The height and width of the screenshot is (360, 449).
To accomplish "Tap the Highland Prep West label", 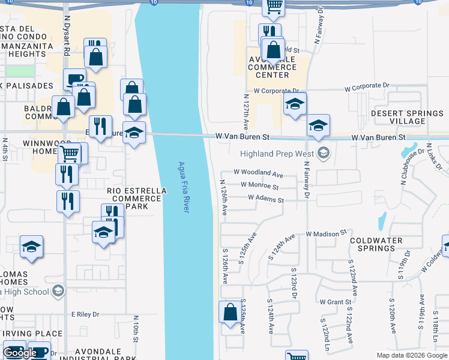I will pyautogui.click(x=277, y=154).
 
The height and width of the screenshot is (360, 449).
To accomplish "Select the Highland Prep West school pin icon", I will pyautogui.click(x=324, y=154).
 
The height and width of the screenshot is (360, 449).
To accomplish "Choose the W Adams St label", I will pyautogui.click(x=266, y=199).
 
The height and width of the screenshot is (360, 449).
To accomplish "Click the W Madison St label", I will pyautogui.click(x=327, y=232).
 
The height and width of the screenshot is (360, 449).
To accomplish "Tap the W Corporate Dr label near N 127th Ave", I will pyautogui.click(x=276, y=91).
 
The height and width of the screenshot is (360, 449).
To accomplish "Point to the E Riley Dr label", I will pyautogui.click(x=85, y=314).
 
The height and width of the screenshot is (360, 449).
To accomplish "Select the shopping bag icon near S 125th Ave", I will pyautogui.click(x=230, y=313).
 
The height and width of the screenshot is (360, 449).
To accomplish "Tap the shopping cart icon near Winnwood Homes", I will pyautogui.click(x=69, y=153).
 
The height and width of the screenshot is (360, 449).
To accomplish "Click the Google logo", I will pyautogui.click(x=20, y=353).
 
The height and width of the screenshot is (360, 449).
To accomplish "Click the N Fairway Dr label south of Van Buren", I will pyautogui.click(x=306, y=183).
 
